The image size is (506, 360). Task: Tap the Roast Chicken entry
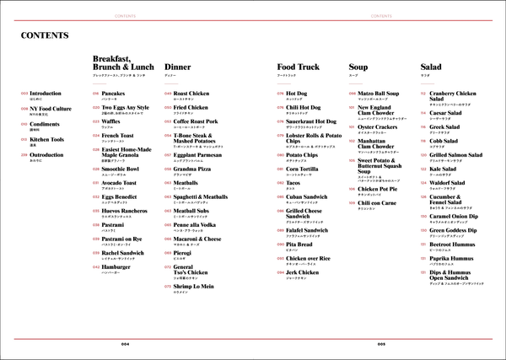pyautogui.click(x=191, y=94)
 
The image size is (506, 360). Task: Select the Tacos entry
pyautogui.click(x=294, y=182)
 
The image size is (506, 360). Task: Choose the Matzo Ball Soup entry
pyautogui.click(x=385, y=94)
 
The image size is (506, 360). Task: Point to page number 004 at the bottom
pyautogui.click(x=126, y=343)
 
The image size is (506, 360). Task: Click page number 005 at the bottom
pyautogui.click(x=381, y=343)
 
